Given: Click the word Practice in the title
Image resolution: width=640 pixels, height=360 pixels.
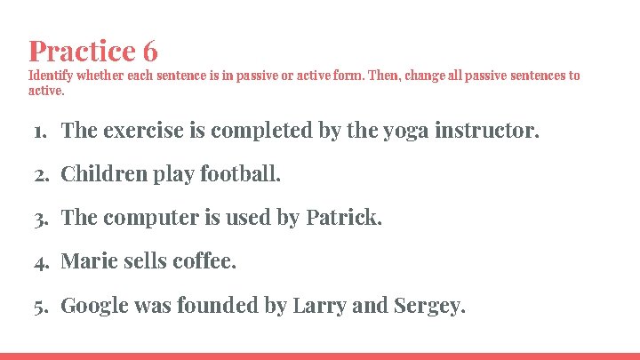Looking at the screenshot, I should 79,51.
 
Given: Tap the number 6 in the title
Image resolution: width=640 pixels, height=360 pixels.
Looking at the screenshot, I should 148,51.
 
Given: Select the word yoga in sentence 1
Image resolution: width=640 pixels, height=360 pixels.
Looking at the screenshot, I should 406,132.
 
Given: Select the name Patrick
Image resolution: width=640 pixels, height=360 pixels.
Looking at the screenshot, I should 344,218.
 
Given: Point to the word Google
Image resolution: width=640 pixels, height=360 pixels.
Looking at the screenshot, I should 93,306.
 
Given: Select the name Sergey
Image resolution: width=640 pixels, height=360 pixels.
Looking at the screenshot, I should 428,307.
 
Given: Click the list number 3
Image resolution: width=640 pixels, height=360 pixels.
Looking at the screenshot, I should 39,219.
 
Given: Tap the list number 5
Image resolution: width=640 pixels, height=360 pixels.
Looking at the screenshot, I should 39,307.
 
